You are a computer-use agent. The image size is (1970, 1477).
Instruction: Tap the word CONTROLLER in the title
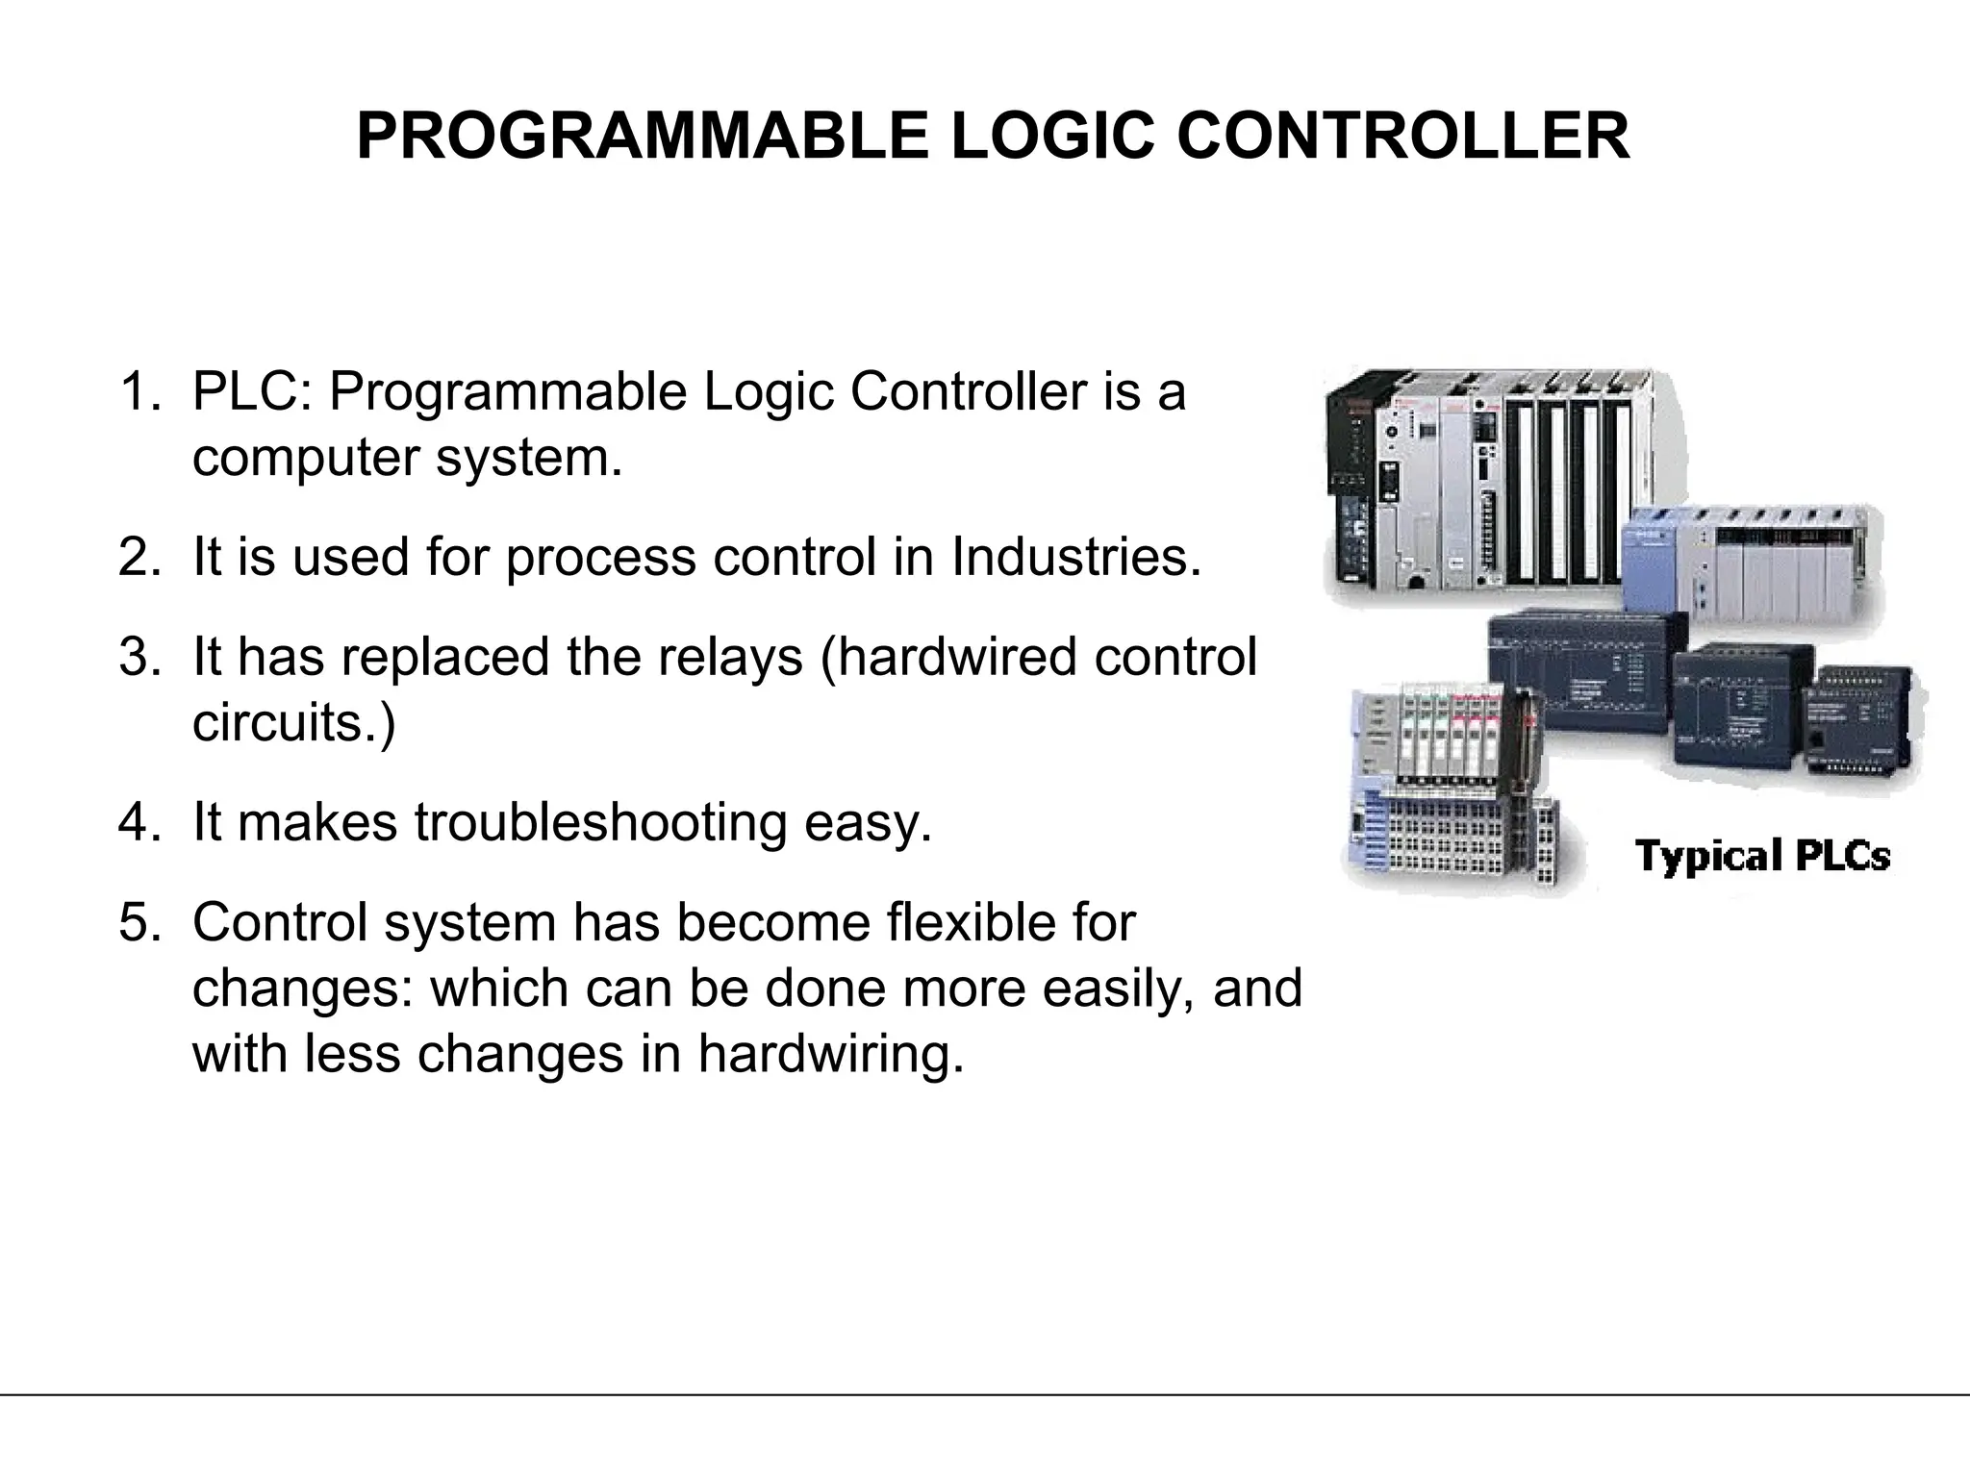pyautogui.click(x=1403, y=136)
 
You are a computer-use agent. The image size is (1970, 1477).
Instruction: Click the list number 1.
pyautogui.click(x=139, y=392)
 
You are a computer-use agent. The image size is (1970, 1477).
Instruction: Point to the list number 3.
pyautogui.click(x=139, y=657)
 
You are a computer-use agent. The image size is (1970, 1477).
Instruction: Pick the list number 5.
pyautogui.click(x=139, y=922)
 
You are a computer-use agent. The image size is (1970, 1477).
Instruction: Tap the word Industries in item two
pyautogui.click(x=1075, y=557)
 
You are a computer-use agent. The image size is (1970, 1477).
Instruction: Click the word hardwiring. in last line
pyautogui.click(x=830, y=1053)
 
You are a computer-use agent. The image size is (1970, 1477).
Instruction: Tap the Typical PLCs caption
pyautogui.click(x=1762, y=856)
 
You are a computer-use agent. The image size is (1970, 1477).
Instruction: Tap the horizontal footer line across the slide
pyautogui.click(x=985, y=1394)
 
